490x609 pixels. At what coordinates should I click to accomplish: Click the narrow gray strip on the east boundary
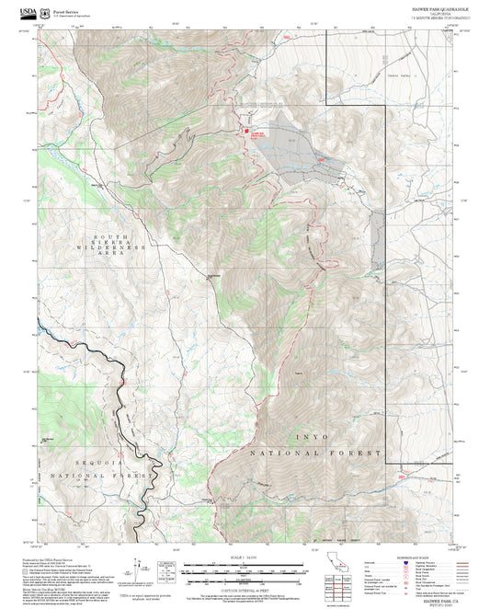(378, 239)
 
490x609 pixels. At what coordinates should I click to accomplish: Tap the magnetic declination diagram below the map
(141, 568)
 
